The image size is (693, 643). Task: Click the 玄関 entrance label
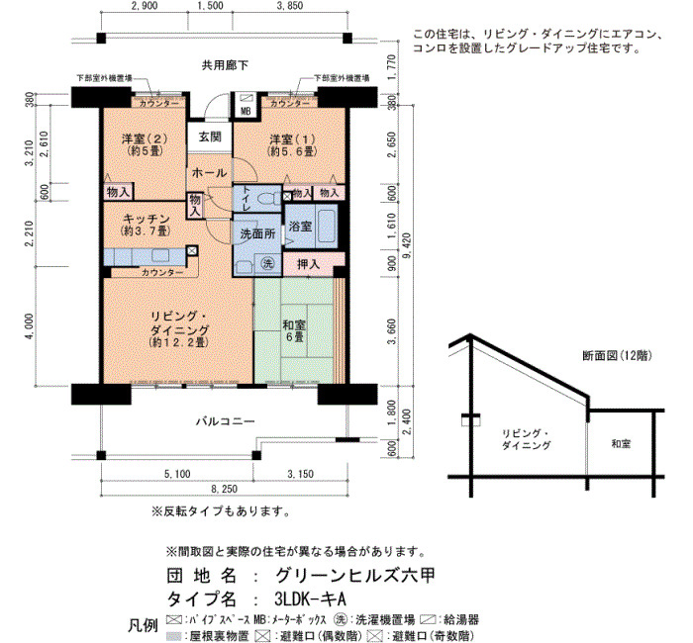(x=210, y=137)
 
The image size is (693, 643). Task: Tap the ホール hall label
(x=210, y=173)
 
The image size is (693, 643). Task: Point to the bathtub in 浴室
(x=327, y=226)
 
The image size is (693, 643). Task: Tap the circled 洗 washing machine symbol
(x=268, y=264)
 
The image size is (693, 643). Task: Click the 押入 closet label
(x=308, y=264)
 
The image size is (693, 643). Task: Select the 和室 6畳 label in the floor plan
(x=294, y=331)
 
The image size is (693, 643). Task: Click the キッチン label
(x=146, y=219)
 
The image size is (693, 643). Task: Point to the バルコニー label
(x=226, y=420)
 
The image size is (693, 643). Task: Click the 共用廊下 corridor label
(x=225, y=65)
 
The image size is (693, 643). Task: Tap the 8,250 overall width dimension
(x=224, y=489)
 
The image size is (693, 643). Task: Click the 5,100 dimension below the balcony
(x=177, y=474)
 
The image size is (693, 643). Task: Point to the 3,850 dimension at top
(x=290, y=6)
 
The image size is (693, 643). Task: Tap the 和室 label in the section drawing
(x=621, y=444)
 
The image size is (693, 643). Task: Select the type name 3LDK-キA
(x=310, y=599)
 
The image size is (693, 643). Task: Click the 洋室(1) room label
(x=292, y=139)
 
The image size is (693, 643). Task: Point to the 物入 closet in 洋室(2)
(x=119, y=192)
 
